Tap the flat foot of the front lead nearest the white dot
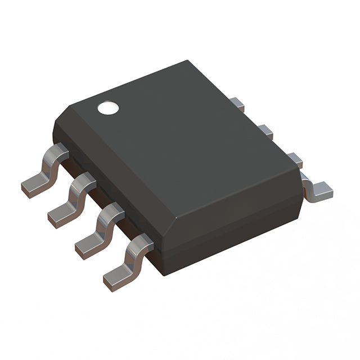(34, 185)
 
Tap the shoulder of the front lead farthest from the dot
(141, 241)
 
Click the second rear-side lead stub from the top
(265, 132)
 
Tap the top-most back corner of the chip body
(186, 62)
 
